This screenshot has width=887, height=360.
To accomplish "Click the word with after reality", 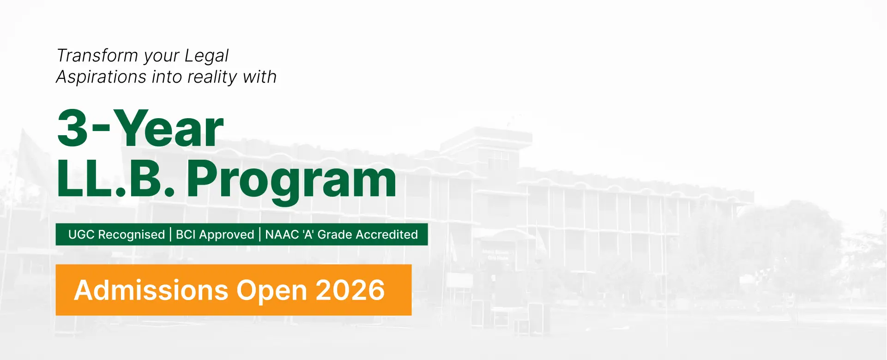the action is (x=260, y=77).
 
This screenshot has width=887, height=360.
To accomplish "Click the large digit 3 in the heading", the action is (x=72, y=129).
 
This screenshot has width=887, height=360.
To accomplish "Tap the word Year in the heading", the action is (x=169, y=128).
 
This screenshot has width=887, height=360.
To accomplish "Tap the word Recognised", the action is (x=132, y=235).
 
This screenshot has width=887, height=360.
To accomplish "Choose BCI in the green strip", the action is (x=186, y=234).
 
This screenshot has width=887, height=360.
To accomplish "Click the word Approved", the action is (x=227, y=235).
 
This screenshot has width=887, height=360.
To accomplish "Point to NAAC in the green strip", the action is (x=282, y=234).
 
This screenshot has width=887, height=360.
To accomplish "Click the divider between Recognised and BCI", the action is (x=170, y=234).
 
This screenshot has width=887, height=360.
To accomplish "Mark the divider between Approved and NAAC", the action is (x=260, y=234).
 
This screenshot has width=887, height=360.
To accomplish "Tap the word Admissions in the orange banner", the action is (x=151, y=290).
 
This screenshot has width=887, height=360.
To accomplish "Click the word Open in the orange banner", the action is (x=272, y=291).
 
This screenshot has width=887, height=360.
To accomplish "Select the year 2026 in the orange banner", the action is (x=350, y=290).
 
